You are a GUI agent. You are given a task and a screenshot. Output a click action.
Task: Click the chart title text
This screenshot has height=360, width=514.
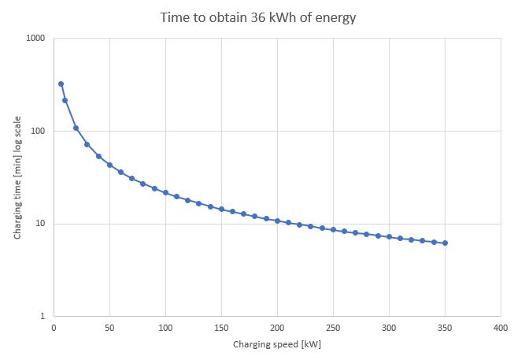(257, 17)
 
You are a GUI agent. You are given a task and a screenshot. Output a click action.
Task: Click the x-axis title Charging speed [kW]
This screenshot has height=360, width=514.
(277, 344)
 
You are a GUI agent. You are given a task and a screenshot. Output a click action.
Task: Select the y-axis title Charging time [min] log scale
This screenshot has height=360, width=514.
(17, 178)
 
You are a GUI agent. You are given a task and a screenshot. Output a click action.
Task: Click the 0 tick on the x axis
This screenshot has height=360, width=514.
(54, 327)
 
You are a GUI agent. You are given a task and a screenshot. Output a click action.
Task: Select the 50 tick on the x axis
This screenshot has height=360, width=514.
(109, 327)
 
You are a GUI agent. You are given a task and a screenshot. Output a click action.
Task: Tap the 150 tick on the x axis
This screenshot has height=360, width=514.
(221, 327)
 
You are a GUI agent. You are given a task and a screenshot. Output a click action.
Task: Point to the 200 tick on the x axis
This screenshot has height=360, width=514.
(277, 327)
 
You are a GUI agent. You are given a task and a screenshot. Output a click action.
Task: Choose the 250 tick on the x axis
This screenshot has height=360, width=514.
(333, 327)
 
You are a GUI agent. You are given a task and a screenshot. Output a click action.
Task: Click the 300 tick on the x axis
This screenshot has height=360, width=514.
(389, 327)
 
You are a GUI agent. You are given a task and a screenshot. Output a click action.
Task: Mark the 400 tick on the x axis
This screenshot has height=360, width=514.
(501, 327)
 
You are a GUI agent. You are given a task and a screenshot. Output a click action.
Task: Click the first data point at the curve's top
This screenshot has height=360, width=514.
(61, 84)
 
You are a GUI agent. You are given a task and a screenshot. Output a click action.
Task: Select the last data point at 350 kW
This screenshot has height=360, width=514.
(445, 243)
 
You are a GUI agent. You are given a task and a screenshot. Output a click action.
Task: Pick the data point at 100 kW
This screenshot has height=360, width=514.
(165, 192)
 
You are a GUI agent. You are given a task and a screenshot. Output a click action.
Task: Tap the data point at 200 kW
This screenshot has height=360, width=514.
(277, 221)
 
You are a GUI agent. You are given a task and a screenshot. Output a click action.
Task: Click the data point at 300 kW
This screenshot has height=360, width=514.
(389, 236)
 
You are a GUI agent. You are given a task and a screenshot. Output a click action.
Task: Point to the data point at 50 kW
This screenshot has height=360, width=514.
(109, 165)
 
